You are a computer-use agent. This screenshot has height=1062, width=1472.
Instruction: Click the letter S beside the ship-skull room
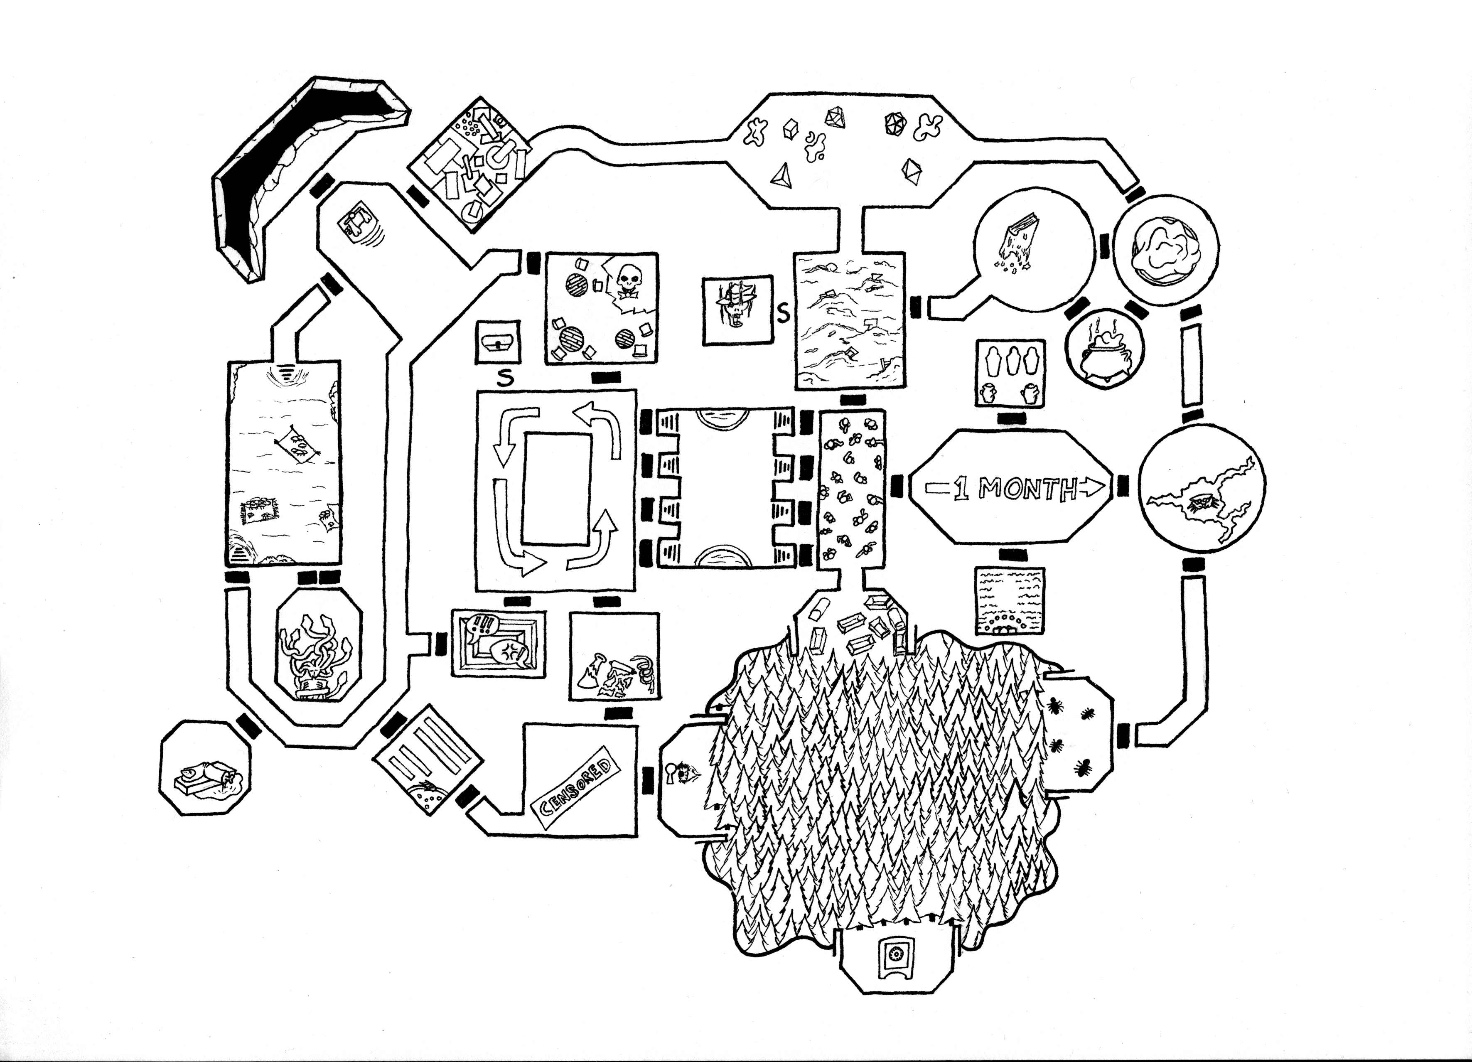784,314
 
